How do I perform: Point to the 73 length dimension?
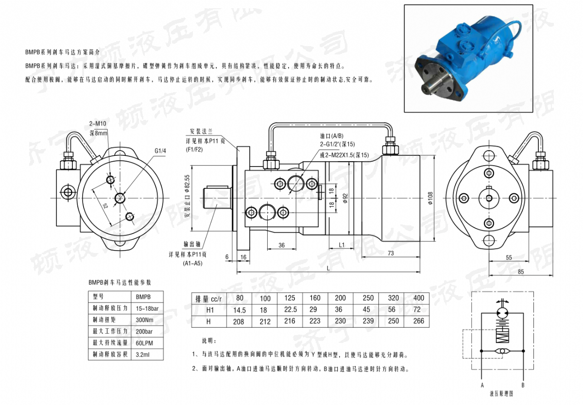[x=391, y=253]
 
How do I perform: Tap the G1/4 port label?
[x=160, y=151]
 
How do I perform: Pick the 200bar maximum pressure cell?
[x=144, y=332]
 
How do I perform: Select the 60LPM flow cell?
[x=145, y=343]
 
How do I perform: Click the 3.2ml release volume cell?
[x=144, y=355]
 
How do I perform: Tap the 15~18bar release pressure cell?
[x=147, y=308]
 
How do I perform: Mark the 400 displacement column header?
[x=418, y=298]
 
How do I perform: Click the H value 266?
[x=418, y=321]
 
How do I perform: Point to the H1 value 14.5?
[x=239, y=309]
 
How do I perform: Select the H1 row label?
[x=209, y=309]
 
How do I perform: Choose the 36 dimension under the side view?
[x=281, y=246]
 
